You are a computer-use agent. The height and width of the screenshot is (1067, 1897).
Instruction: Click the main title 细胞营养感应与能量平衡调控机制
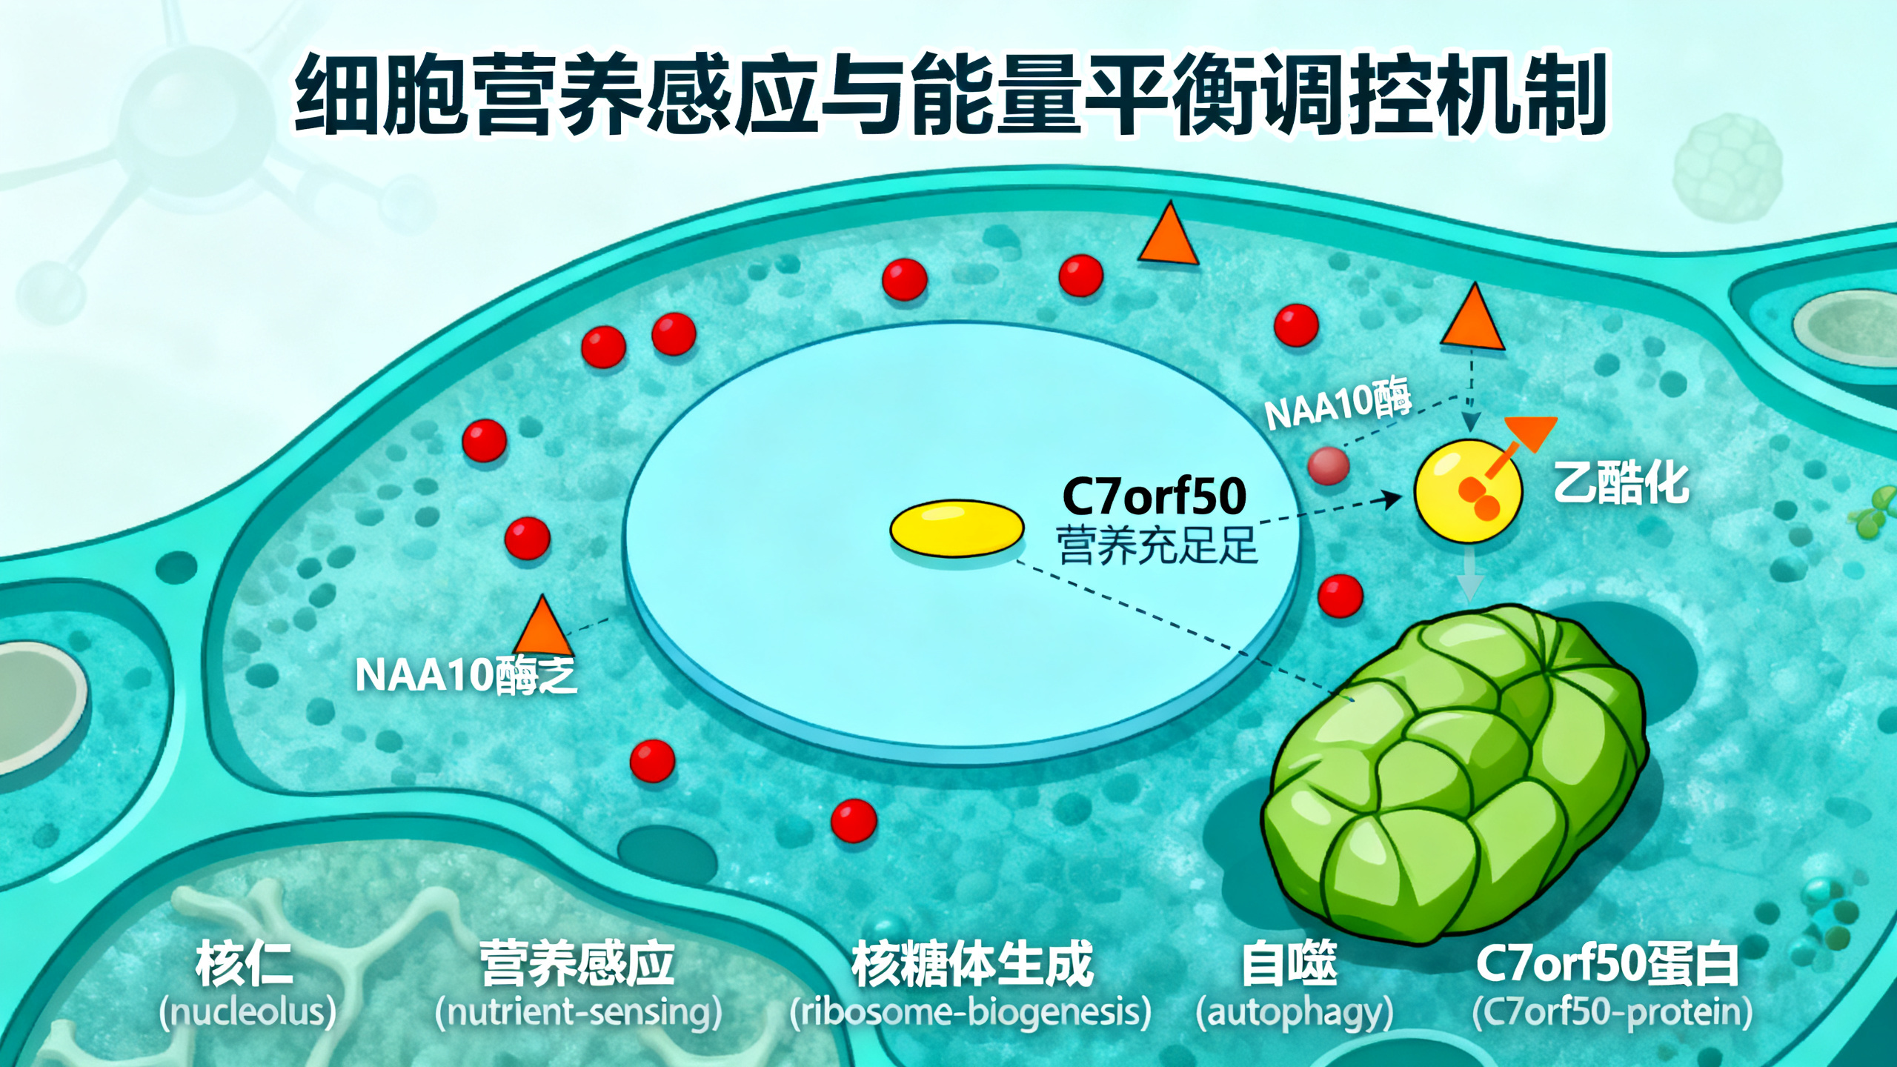click(950, 95)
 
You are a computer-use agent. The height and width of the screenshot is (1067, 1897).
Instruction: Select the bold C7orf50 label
click(1154, 496)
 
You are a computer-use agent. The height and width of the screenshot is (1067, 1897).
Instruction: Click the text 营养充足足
click(1157, 545)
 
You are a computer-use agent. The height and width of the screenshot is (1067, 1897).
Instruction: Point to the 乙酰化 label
click(1621, 482)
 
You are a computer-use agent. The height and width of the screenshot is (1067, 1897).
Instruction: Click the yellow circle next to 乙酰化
click(1468, 491)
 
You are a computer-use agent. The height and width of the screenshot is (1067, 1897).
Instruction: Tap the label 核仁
click(245, 964)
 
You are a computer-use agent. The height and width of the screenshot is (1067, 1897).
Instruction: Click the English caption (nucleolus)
click(248, 1012)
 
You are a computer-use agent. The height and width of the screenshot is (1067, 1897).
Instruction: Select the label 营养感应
click(577, 964)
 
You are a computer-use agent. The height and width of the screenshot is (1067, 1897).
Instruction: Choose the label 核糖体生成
click(972, 964)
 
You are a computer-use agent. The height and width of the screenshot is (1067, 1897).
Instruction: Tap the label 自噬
click(1289, 964)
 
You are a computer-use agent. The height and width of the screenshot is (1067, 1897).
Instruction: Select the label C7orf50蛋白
click(1607, 964)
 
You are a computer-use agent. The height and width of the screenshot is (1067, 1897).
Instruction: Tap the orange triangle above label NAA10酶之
click(542, 628)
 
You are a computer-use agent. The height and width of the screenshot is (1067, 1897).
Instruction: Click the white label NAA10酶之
click(466, 675)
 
